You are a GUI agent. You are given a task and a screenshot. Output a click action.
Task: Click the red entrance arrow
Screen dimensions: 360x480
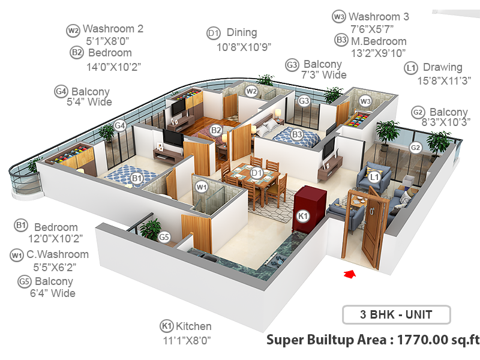coord(350,274)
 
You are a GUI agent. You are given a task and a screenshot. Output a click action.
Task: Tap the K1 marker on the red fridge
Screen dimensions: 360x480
coord(302,215)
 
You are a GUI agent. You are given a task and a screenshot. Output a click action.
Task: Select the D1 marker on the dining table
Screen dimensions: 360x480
coord(256,173)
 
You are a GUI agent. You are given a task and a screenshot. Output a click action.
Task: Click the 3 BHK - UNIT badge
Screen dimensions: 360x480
coord(395,314)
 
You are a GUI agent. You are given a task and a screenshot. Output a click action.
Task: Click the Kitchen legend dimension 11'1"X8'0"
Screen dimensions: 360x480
coord(187,340)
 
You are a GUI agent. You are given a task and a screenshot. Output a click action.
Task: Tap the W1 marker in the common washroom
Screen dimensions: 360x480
coord(201,187)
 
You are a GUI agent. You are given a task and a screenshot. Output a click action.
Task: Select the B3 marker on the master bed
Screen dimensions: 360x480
coord(297,134)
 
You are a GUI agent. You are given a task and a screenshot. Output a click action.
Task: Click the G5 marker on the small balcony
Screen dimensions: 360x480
coord(164,237)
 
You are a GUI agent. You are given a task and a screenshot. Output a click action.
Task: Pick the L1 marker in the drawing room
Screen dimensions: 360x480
coord(374,176)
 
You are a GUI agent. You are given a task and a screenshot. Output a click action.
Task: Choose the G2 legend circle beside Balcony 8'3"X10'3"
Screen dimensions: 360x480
coord(419,112)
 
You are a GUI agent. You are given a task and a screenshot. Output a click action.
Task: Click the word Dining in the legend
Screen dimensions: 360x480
coord(241,32)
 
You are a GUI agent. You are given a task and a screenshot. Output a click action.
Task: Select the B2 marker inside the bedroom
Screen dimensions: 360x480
coord(216,130)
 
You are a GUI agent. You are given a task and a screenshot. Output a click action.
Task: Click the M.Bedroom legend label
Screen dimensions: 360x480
coord(379,41)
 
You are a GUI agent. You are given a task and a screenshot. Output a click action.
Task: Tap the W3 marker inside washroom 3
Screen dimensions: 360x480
coord(365,101)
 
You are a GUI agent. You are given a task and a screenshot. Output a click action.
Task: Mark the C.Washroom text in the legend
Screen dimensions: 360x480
coord(57,254)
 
